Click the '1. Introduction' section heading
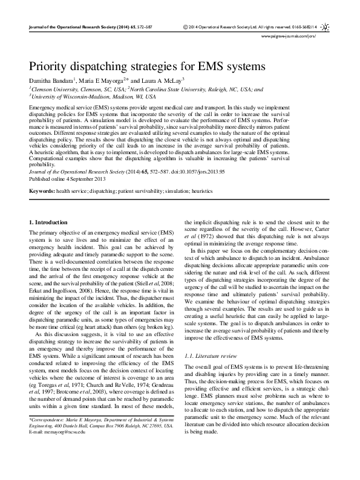(x=50, y=223)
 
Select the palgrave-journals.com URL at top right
(x=296, y=36)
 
